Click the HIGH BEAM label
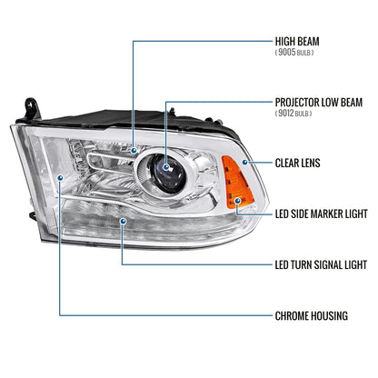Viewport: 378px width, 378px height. pos(297,42)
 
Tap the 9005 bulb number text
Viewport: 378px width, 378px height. pos(286,52)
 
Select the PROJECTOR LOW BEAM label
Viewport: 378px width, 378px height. pos(319,103)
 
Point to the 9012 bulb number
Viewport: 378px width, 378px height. pos(286,113)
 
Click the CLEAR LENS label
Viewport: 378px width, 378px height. pos(297,163)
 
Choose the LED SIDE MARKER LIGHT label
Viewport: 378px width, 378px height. pos(321,214)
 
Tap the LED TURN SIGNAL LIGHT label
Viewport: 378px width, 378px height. pos(321,264)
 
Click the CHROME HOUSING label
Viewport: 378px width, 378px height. pos(312,316)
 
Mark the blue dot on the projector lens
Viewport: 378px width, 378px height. pos(165,167)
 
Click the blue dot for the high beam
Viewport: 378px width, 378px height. pos(134,150)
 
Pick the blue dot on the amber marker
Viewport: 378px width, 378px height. pos(238,201)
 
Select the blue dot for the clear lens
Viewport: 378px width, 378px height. pos(244,163)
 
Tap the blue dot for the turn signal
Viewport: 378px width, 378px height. pos(123,222)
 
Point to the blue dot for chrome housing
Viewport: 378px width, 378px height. pos(60,177)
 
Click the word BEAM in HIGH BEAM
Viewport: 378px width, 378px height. pos(308,42)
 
